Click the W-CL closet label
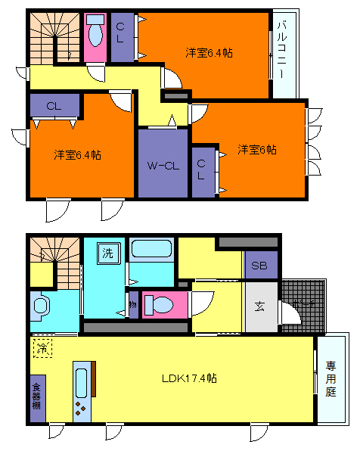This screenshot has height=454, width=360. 163,165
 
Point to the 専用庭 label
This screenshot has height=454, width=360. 331,378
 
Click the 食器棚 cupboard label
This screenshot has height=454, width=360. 36,396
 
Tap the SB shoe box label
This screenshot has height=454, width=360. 259,266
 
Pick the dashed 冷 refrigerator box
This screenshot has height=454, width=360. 43,348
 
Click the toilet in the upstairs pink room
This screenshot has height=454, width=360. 95,35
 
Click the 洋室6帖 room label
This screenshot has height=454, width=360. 257,149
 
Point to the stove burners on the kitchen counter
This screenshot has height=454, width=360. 81,410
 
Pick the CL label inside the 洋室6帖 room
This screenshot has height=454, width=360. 202,168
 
